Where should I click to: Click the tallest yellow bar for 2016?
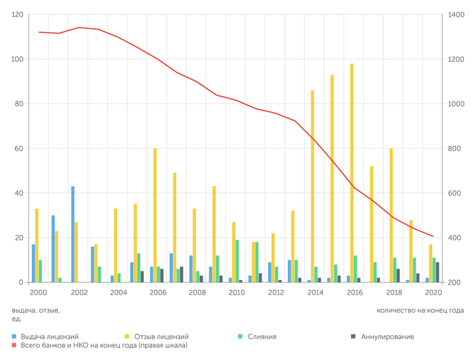352,173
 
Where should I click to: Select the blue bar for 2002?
73,234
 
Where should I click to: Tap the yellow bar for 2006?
155,216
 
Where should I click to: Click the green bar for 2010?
237,261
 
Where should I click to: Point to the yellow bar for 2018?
392,216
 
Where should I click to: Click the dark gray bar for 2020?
437,273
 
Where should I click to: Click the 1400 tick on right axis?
457,15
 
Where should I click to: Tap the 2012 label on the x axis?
276,293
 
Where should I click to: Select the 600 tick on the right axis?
455,194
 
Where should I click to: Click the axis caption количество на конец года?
420,310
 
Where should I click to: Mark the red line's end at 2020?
433,236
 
